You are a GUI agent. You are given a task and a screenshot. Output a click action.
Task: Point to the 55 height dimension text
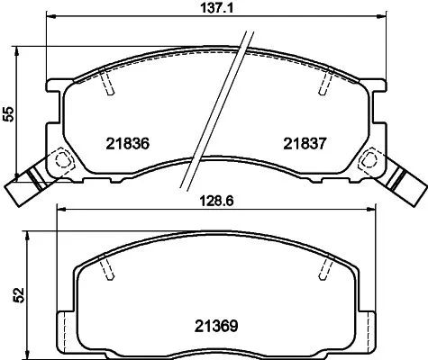click(x=8, y=114)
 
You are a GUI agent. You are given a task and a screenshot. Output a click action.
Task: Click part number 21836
click(x=126, y=143)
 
